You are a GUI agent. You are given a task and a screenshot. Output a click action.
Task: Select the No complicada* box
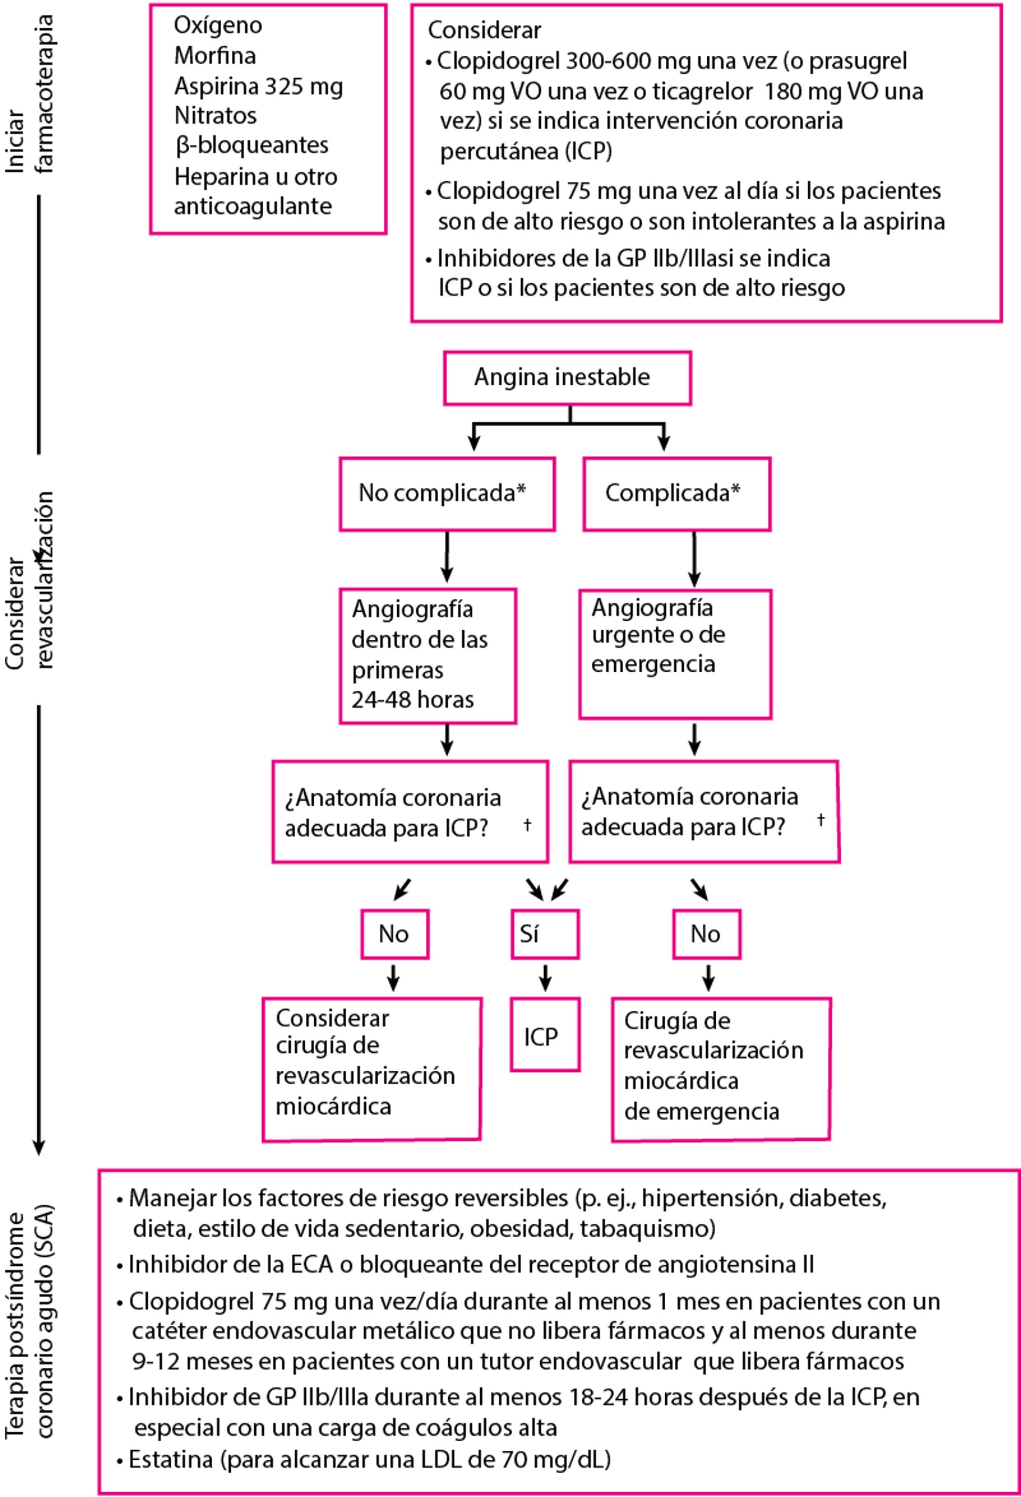pyautogui.click(x=447, y=494)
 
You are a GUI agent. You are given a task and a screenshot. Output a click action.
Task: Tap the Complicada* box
pyautogui.click(x=676, y=494)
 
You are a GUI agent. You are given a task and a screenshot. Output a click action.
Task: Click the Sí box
pyautogui.click(x=545, y=934)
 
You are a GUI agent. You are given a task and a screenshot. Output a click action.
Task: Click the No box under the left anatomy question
pyautogui.click(x=395, y=934)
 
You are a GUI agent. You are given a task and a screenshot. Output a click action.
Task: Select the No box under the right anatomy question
pyautogui.click(x=706, y=934)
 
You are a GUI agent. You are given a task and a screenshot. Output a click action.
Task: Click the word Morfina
pyautogui.click(x=215, y=56)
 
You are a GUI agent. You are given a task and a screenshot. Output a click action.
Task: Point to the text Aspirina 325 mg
pyautogui.click(x=258, y=86)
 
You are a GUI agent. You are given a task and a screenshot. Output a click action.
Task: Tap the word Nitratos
pyautogui.click(x=215, y=116)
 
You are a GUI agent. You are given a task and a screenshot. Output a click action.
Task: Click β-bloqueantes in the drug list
pyautogui.click(x=252, y=146)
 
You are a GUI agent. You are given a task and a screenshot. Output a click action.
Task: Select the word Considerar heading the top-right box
pyautogui.click(x=484, y=30)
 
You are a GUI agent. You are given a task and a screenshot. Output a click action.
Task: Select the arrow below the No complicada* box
pyautogui.click(x=447, y=557)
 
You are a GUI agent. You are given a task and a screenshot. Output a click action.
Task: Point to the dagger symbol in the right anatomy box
pyautogui.click(x=821, y=819)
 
